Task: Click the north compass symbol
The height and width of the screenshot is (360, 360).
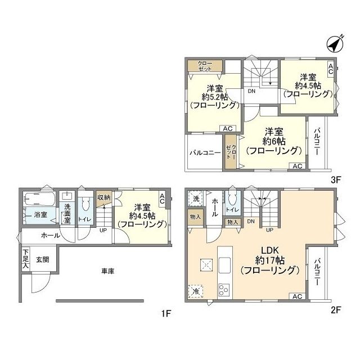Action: pos(335,44)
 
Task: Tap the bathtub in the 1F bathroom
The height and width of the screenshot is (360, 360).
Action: pos(39,199)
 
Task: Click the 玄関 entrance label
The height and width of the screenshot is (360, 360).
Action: pos(43,260)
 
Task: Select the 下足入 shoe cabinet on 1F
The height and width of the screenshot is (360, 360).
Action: pos(26,259)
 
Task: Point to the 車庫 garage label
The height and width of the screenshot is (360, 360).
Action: pos(107,271)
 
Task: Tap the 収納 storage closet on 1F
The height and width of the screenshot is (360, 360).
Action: pos(103,197)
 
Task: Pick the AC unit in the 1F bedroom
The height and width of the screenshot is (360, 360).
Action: pos(162,199)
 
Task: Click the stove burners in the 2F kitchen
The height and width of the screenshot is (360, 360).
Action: pos(224,290)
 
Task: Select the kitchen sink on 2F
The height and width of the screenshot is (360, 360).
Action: pos(224,265)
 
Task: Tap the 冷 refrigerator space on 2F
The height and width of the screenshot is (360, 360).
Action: pos(196,291)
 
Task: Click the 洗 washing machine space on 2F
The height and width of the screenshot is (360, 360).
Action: pos(196,199)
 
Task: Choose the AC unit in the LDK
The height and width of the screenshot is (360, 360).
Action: pos(297,296)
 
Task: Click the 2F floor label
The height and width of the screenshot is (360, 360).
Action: pos(335,310)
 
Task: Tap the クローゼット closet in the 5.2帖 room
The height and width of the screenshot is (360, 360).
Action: pos(205,66)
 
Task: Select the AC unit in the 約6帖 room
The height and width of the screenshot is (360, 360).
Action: pos(297,166)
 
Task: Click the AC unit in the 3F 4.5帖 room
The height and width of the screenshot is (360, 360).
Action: pos(331,69)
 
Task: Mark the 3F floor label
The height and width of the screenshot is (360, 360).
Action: pos(335,180)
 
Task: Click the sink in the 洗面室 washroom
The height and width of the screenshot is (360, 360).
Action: pos(67,196)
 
